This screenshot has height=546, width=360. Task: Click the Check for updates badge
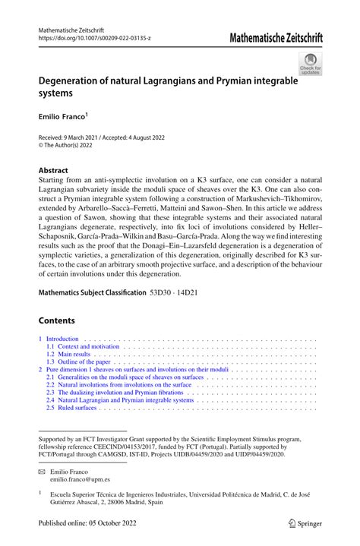pos(310,64)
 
